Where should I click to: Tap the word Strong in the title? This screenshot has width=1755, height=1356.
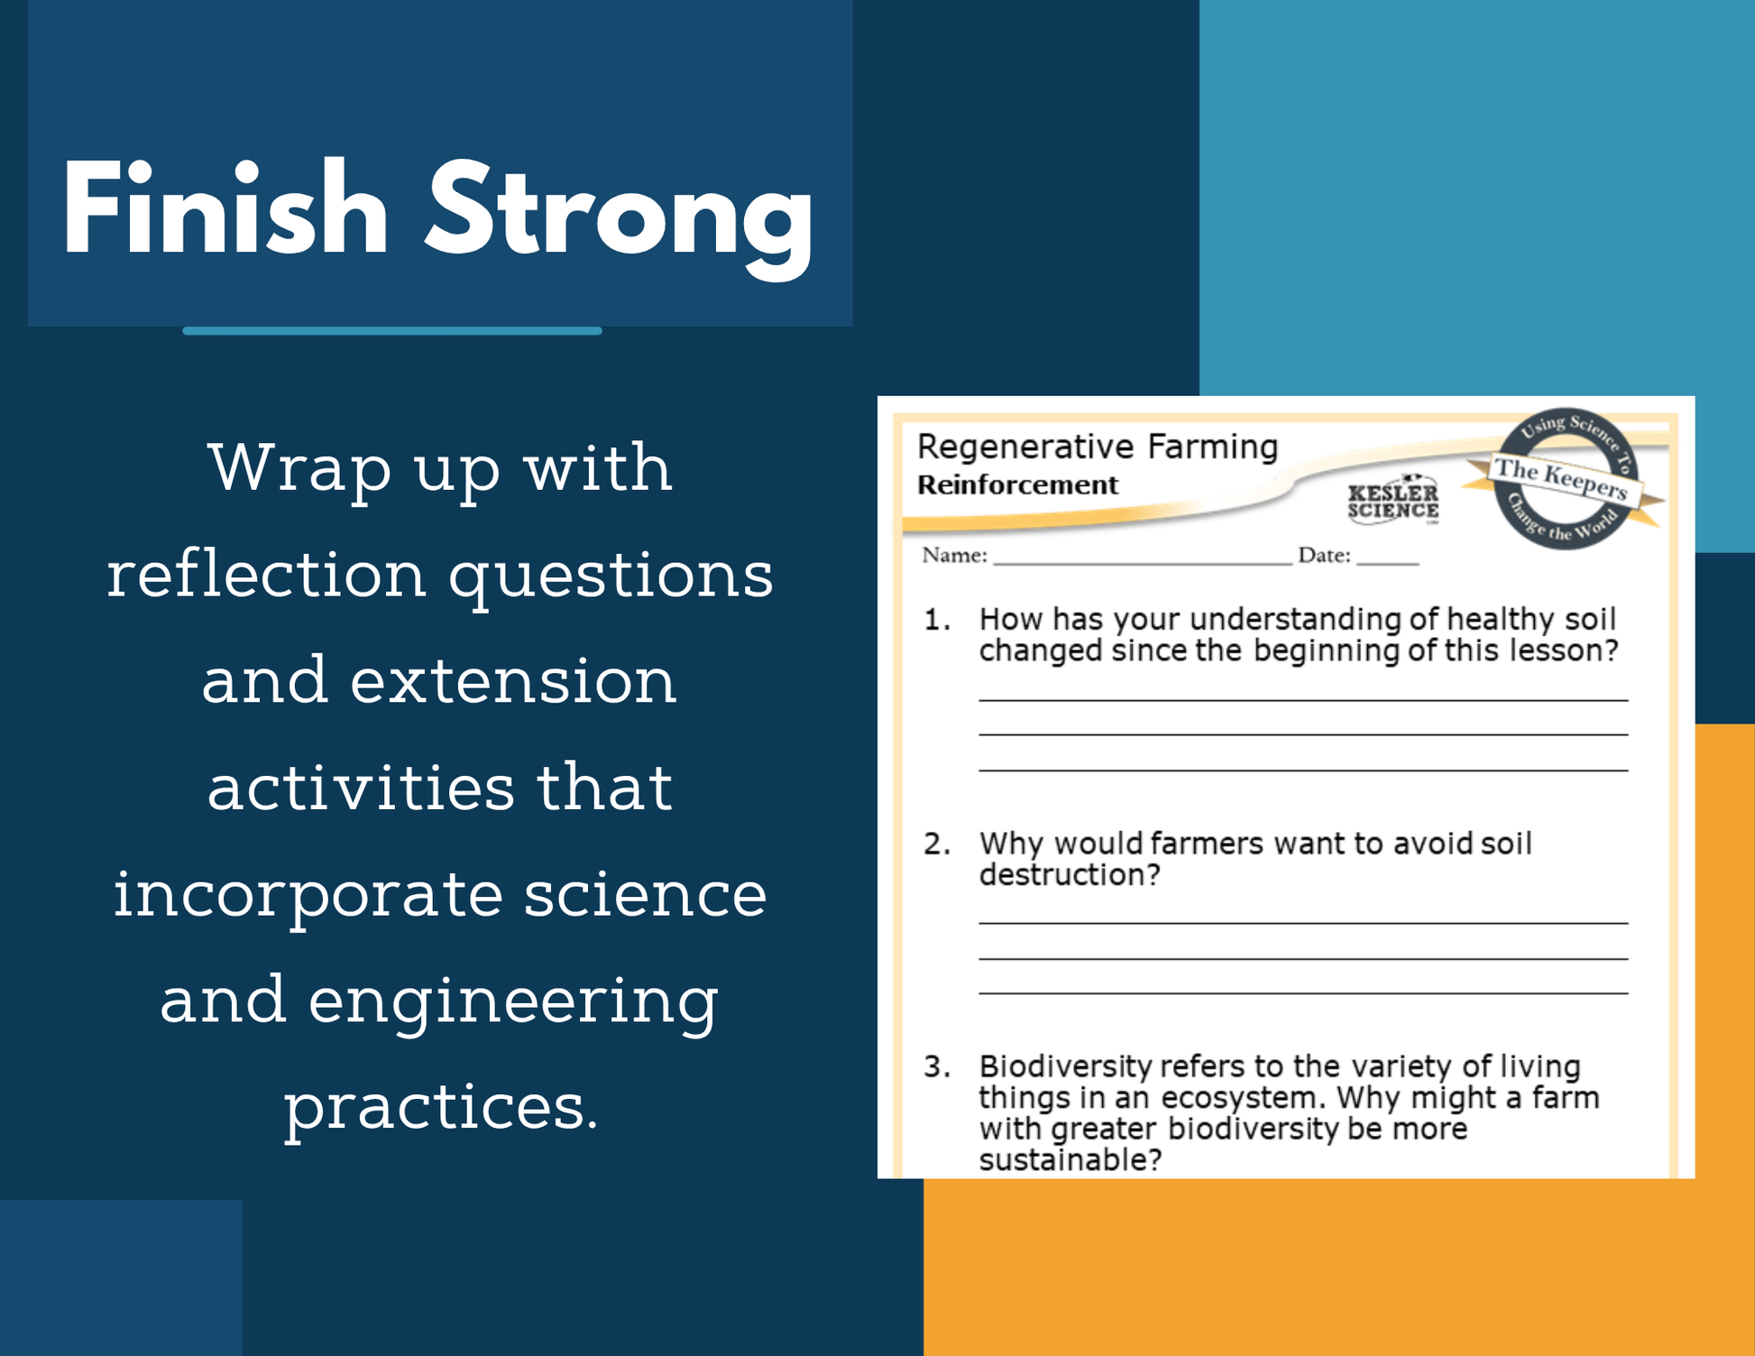pyautogui.click(x=620, y=220)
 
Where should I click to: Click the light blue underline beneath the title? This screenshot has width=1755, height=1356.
pyautogui.click(x=392, y=331)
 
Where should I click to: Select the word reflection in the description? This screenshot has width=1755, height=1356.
pyautogui.click(x=267, y=574)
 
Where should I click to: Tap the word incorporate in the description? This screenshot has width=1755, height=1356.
pyautogui.click(x=308, y=897)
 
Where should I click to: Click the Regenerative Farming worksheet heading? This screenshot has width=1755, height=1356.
pyautogui.click(x=1098, y=447)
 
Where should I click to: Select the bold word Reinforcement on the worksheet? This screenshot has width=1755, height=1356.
pyautogui.click(x=1017, y=485)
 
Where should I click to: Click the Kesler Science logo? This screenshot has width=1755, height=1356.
pyautogui.click(x=1393, y=499)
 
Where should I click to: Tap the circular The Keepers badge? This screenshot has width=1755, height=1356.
pyautogui.click(x=1566, y=478)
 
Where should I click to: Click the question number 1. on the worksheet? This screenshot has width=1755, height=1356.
pyautogui.click(x=937, y=620)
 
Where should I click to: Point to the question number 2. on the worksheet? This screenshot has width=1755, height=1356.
pyautogui.click(x=937, y=844)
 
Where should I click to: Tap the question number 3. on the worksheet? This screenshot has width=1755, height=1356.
pyautogui.click(x=937, y=1067)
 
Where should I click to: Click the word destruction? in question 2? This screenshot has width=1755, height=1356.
pyautogui.click(x=1070, y=875)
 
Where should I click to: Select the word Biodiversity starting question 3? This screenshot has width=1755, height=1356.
pyautogui.click(x=1066, y=1068)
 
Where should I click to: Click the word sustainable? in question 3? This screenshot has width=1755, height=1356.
pyautogui.click(x=1070, y=1160)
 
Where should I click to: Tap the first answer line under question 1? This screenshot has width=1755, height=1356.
pyautogui.click(x=1303, y=700)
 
